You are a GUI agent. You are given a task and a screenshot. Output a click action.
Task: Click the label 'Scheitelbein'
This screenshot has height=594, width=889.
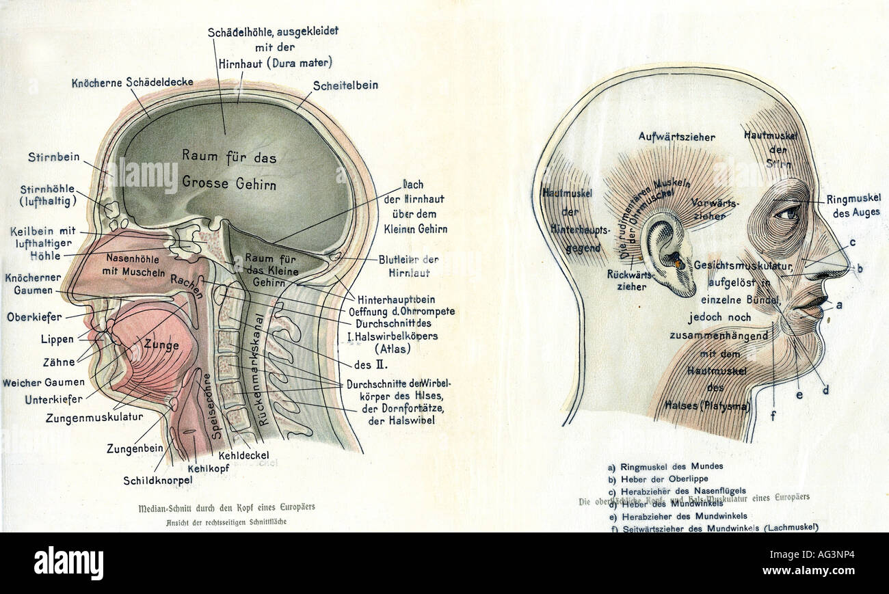click(345, 86)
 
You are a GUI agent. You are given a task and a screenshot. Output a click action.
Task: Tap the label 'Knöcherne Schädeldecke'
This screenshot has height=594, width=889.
click(120, 83)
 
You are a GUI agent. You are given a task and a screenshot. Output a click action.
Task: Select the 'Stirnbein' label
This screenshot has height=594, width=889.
click(54, 157)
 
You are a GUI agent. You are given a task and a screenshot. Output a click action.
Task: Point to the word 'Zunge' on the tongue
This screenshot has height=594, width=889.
click(161, 345)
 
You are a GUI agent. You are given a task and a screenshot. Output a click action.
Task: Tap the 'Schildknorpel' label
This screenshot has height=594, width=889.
click(158, 480)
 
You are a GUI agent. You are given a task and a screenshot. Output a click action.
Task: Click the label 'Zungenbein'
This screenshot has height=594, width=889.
click(134, 449)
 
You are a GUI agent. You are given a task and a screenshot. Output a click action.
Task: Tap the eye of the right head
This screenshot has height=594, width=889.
click(786, 213)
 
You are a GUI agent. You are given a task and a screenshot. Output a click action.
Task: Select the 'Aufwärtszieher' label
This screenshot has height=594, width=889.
click(676, 137)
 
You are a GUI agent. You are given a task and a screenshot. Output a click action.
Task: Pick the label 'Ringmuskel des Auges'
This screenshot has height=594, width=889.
click(853, 206)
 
